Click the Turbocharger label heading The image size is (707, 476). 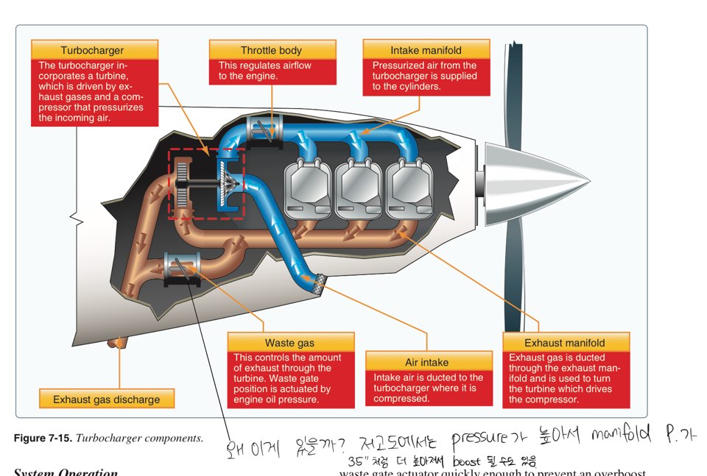point(94,50)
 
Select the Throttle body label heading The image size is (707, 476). point(272,50)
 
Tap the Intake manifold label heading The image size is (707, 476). point(426,50)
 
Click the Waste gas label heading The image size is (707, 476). point(290,343)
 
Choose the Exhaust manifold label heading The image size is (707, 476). point(565,342)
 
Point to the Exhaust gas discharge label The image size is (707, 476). point(107,399)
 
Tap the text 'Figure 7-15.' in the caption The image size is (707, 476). point(41,438)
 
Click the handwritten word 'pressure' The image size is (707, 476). point(479,439)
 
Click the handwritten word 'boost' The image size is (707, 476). point(467,462)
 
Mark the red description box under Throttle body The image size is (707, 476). point(272,71)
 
